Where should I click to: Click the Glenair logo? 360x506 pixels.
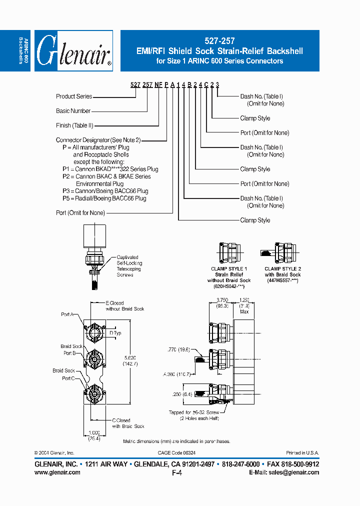[73, 51]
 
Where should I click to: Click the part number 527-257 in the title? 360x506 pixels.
[220, 41]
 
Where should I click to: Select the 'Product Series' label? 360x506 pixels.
[74, 96]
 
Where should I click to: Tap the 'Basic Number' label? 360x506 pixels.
[73, 110]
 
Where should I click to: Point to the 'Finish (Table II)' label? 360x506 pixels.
[74, 125]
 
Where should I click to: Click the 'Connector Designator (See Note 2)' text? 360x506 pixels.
[98, 140]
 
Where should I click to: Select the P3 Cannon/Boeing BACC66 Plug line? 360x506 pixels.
[105, 191]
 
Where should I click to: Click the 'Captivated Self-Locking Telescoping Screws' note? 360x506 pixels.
[129, 266]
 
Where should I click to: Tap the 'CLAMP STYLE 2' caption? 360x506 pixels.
[282, 268]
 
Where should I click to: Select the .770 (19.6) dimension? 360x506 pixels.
[178, 350]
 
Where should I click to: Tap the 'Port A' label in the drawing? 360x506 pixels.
[67, 314]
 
